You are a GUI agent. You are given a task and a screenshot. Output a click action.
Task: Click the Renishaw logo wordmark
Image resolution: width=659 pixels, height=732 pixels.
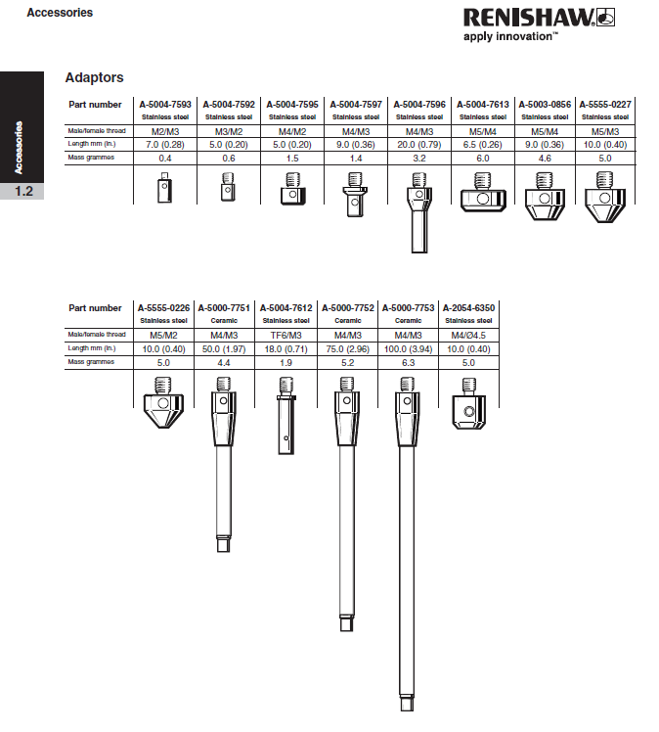coord(526,17)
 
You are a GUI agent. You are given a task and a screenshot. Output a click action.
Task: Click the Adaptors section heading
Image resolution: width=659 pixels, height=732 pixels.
coord(94,77)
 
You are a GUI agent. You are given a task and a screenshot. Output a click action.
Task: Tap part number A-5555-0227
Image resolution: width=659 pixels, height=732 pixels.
coord(604,103)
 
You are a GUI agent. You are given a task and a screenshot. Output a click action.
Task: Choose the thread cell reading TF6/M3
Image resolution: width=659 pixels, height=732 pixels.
coord(287,335)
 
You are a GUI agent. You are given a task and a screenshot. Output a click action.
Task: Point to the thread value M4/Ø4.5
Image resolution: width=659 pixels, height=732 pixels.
coord(469,335)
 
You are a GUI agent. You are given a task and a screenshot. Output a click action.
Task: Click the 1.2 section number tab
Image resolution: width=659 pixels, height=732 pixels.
coord(22,192)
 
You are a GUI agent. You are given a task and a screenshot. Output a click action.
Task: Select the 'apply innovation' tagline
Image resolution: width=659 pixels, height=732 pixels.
coord(510,36)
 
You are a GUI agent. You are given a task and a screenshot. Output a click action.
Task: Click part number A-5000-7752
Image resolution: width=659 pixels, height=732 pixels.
coord(347,307)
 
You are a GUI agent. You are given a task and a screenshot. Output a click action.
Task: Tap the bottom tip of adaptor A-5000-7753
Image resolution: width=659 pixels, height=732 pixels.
coord(408,702)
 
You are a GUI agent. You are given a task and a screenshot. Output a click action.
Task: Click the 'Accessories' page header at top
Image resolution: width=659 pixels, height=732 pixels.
coord(61,13)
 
